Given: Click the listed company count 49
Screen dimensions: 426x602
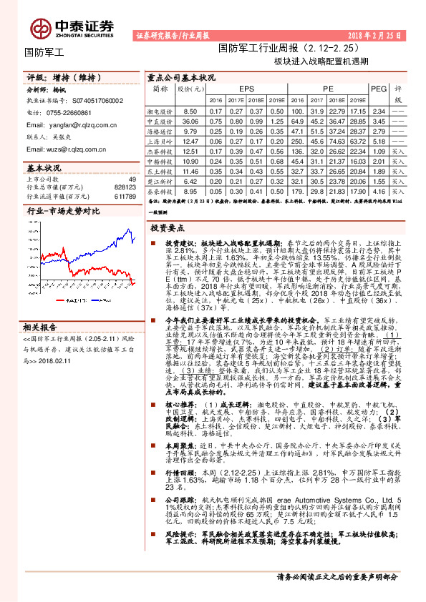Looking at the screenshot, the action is pyautogui.click(x=132, y=179).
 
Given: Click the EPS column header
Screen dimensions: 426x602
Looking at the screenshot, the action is pyautogui.click(x=246, y=88).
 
